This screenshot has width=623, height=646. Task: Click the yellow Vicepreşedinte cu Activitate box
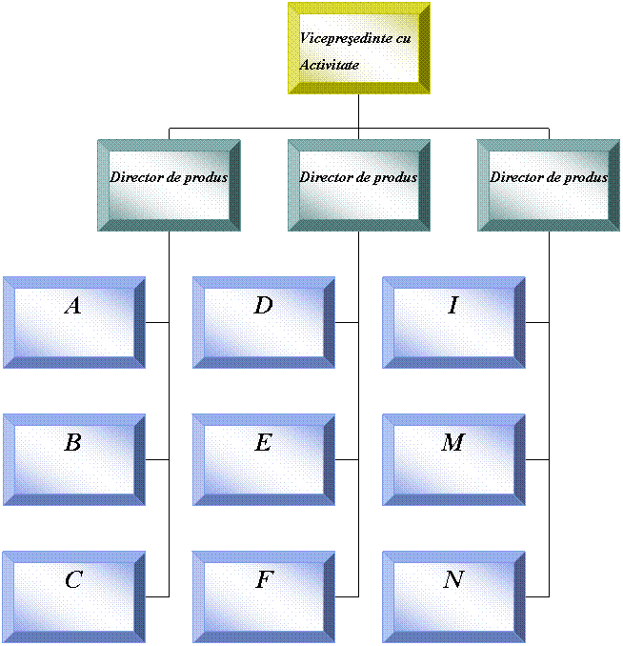(359, 48)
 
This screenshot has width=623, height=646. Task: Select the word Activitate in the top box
(330, 65)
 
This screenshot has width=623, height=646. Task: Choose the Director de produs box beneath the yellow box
(359, 185)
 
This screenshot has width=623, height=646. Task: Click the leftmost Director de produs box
(169, 185)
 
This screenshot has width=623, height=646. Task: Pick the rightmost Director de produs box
(549, 185)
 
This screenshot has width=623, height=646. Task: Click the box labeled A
(73, 322)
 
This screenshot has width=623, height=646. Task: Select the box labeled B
(73, 459)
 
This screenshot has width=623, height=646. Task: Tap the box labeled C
(73, 596)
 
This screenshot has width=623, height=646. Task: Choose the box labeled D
(264, 322)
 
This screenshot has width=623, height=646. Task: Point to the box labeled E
(264, 459)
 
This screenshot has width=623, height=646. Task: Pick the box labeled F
(264, 596)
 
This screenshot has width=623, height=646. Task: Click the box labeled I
(453, 322)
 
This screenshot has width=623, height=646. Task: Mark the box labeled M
(453, 459)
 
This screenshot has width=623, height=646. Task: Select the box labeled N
(453, 596)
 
